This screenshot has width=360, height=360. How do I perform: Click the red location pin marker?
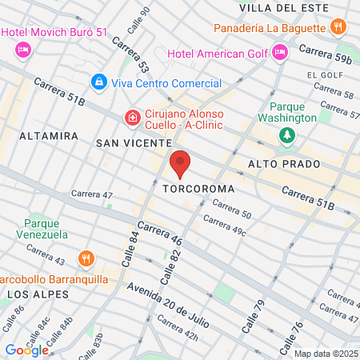180,164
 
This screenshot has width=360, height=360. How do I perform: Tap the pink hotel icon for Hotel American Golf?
279,54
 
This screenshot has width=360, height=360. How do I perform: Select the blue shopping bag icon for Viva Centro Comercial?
98,82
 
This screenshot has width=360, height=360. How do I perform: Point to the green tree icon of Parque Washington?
286,136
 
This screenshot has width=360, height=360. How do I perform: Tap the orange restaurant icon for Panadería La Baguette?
339,26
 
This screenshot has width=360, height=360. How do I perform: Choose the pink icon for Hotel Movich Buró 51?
22,50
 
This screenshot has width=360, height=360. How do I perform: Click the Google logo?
26,350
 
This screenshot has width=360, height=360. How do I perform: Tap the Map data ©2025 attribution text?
325,353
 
